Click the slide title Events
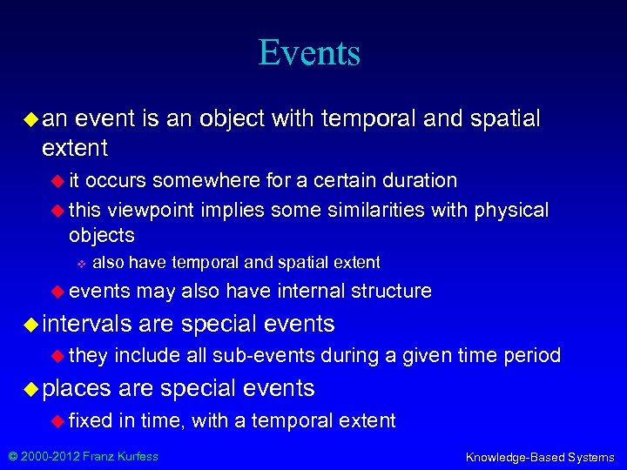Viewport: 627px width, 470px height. (309, 53)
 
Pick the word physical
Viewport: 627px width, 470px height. (511, 211)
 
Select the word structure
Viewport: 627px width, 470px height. (391, 291)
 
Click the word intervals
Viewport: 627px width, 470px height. (86, 325)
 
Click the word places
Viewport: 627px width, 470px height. (77, 388)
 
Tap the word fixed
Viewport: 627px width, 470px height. (91, 421)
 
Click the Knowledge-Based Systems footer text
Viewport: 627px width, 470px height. (540, 457)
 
